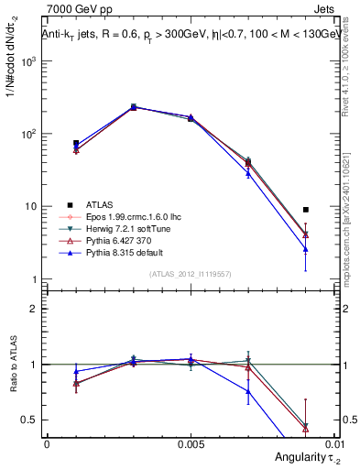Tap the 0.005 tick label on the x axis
point(191,442)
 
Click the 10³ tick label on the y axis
point(27,61)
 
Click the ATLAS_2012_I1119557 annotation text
point(191,274)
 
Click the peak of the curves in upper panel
point(133,107)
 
